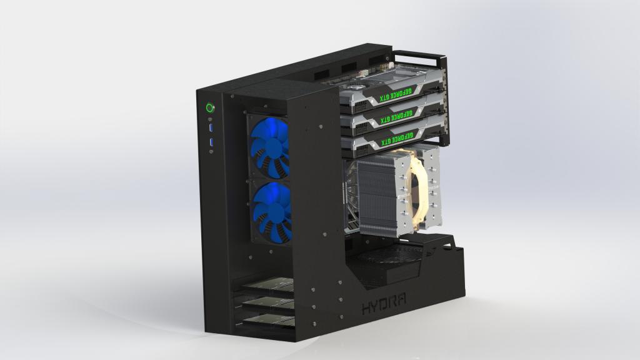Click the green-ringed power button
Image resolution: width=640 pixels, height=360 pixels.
tap(210, 107)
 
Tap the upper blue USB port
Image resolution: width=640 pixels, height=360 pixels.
tap(211, 129)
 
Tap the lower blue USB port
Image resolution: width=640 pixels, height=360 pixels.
tap(212, 143)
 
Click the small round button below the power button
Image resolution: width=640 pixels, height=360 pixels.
tap(211, 119)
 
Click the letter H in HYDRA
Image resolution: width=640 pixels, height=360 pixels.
tap(366, 308)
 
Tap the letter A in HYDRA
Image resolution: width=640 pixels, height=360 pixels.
tap(401, 301)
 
